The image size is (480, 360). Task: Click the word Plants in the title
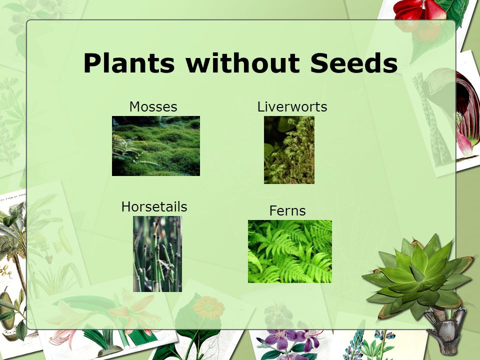(129, 63)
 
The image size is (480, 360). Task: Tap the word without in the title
(243, 63)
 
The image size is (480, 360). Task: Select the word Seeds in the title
(354, 63)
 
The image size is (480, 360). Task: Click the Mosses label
(153, 107)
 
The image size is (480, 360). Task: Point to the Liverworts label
(292, 107)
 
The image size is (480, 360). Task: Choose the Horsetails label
(154, 206)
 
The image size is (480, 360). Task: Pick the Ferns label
(287, 210)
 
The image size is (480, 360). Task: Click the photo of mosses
(156, 146)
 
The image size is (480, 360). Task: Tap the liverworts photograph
(289, 150)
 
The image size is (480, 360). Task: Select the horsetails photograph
(157, 254)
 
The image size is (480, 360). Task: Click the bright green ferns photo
(290, 251)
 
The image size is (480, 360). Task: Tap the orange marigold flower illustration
(209, 307)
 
